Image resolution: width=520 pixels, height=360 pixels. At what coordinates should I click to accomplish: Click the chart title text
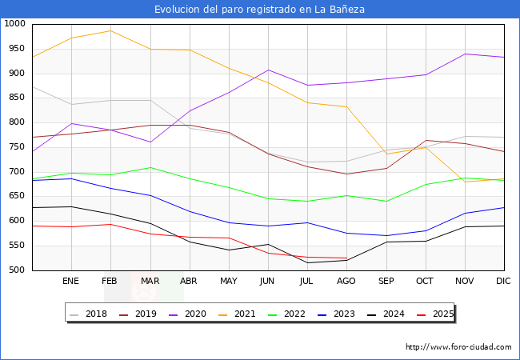(x=260, y=10)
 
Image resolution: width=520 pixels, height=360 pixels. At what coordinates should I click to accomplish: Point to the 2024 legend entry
(x=393, y=314)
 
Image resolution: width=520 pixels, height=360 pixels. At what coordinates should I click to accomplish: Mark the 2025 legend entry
(x=442, y=314)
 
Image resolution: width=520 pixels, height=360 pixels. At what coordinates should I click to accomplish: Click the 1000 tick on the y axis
(x=14, y=24)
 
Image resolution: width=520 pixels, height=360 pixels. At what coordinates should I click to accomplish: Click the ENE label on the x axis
(x=71, y=282)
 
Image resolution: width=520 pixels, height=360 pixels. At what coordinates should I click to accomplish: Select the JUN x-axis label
(x=267, y=282)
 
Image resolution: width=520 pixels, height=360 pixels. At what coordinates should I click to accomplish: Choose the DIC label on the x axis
(x=503, y=282)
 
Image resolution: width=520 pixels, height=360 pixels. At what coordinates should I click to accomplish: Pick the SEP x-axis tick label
(x=386, y=282)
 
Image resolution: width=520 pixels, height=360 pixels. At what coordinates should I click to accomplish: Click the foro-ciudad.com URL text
(x=458, y=347)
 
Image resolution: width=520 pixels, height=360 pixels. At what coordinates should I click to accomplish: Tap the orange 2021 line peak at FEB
(x=110, y=30)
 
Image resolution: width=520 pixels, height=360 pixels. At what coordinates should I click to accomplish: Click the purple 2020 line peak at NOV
(x=465, y=54)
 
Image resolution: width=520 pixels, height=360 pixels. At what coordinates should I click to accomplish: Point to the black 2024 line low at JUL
(x=307, y=262)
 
